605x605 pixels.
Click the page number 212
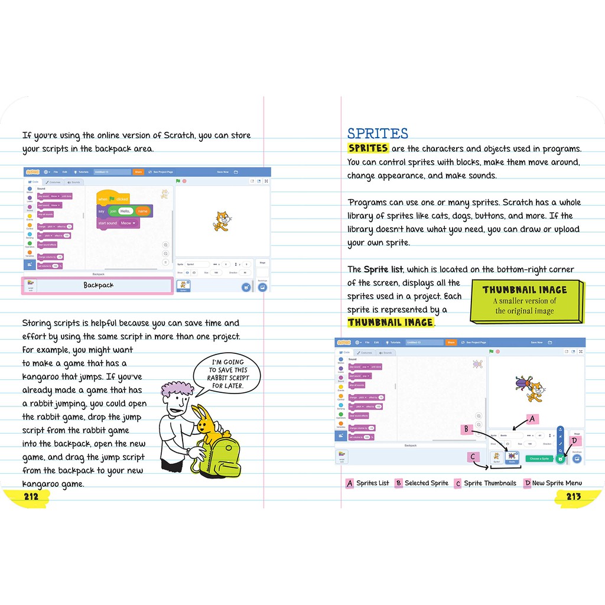click(31, 496)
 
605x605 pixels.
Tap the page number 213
click(573, 496)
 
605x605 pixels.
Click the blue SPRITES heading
click(378, 134)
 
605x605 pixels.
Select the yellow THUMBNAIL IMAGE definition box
click(525, 301)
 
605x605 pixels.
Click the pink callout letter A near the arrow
click(532, 419)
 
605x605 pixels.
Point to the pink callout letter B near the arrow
click(466, 429)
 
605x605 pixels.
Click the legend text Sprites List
click(372, 483)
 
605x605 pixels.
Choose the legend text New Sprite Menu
click(557, 483)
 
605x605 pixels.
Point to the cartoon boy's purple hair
click(177, 390)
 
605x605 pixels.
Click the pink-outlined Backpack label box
click(97, 285)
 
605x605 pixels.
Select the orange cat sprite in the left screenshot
click(221, 220)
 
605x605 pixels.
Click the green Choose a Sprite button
click(539, 458)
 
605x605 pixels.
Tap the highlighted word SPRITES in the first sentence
click(368, 148)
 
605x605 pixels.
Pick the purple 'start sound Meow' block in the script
click(118, 223)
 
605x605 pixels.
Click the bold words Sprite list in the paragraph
click(384, 269)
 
